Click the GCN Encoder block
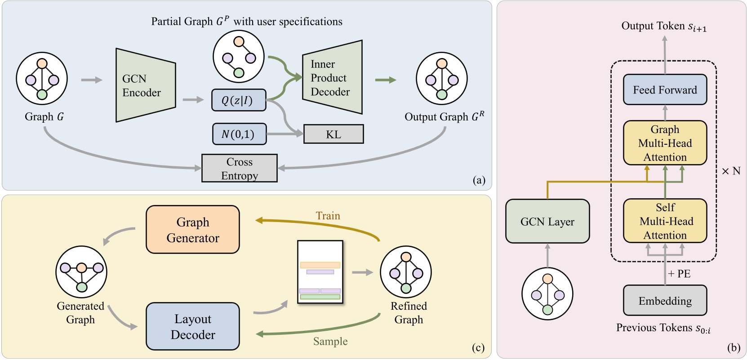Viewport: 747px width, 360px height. coord(145,85)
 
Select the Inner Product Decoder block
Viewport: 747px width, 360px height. coord(332,78)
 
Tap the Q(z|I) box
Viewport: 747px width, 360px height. coord(239,100)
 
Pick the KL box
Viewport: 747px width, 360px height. coord(333,134)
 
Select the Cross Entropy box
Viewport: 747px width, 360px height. coord(239,169)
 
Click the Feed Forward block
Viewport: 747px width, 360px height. coord(665,90)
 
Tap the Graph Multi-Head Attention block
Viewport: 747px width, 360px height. coord(665,143)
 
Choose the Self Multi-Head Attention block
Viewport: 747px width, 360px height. coord(665,221)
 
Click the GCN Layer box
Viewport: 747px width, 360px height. coord(547,222)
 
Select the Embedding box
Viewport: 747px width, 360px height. coord(665,301)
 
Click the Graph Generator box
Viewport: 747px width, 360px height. coord(193,230)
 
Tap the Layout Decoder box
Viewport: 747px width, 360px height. coord(193,327)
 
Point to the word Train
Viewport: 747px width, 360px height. coord(328,216)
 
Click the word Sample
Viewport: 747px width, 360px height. coord(330,342)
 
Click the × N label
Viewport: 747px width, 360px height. coord(731,171)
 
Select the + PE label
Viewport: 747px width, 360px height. coord(679,274)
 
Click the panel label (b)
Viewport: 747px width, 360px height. coord(733,347)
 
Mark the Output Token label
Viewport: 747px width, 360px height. coord(663,27)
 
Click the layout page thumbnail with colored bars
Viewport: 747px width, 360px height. coord(320,272)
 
